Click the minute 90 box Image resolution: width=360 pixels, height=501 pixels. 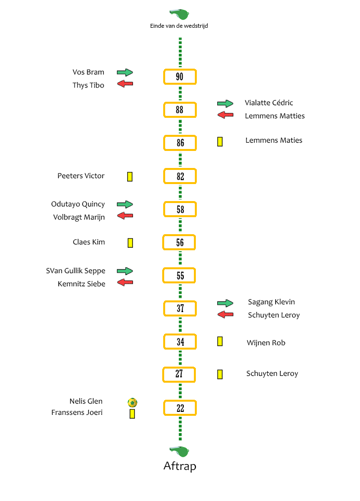[x=180, y=77]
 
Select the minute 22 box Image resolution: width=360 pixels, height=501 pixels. [x=180, y=408]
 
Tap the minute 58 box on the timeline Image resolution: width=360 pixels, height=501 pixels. [x=180, y=209]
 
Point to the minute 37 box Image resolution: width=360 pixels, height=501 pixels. [x=180, y=308]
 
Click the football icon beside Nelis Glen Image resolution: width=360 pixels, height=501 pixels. [x=133, y=402]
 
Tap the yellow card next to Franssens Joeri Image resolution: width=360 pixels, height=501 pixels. [x=132, y=414]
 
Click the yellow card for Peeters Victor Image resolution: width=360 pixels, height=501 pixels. [x=130, y=177]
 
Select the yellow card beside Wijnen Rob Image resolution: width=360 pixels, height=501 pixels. [x=220, y=341]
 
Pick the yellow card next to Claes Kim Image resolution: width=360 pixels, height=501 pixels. [x=130, y=243]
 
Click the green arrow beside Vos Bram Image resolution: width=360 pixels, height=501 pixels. [x=125, y=73]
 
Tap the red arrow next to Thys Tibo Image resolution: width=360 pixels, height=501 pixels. [x=125, y=84]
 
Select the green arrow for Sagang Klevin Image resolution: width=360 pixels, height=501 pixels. [x=225, y=303]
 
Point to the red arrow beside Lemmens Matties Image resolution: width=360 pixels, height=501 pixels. [x=226, y=115]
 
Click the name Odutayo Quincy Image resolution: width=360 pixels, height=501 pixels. [x=78, y=204]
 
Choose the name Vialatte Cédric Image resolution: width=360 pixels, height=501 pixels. [x=269, y=103]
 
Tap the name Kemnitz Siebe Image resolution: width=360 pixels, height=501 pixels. [x=81, y=284]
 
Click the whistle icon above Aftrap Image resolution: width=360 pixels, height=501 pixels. [x=179, y=451]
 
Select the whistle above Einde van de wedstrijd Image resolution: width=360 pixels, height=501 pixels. [x=179, y=15]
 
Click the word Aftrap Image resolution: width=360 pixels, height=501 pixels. [x=180, y=466]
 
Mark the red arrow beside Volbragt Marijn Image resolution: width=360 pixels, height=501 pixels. [x=125, y=216]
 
